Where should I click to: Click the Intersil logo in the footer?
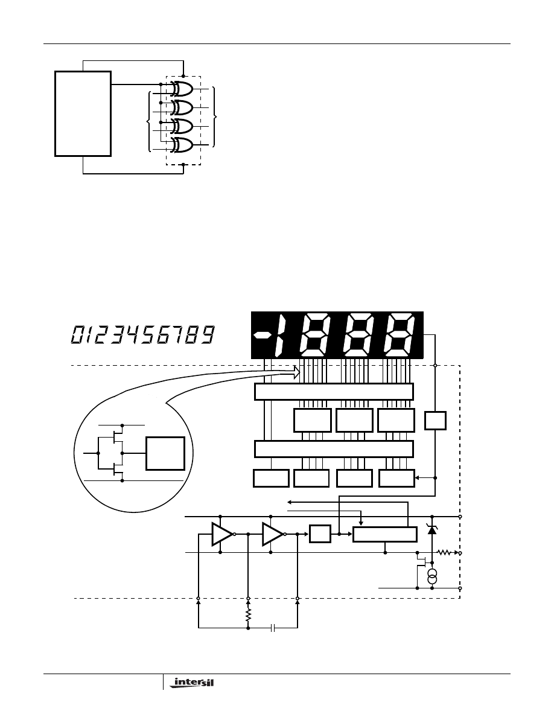[x=191, y=683]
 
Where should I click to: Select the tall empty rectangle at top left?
[x=83, y=114]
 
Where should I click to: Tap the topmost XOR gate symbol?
[x=182, y=89]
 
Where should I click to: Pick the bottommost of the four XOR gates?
[x=182, y=145]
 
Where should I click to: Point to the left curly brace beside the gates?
[x=150, y=121]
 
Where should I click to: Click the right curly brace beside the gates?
[x=214, y=116]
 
